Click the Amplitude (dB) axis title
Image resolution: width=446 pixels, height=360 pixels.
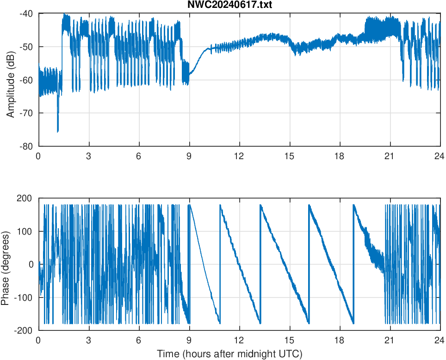point(11,80)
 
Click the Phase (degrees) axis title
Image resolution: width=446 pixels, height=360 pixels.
point(6,264)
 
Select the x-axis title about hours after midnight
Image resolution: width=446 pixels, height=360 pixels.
point(229,354)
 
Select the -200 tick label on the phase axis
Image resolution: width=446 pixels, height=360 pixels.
point(24,330)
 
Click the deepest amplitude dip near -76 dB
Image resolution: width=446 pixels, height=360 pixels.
point(58,131)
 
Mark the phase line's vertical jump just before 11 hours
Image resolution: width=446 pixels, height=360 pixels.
point(220,264)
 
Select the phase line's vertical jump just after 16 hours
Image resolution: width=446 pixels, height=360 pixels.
point(309,264)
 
